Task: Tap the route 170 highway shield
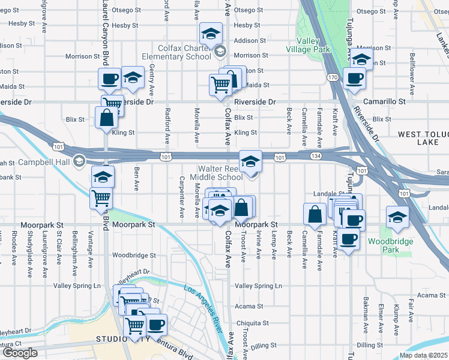click(332, 77)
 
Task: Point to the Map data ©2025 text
click(424, 355)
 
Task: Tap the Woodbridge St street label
click(134, 255)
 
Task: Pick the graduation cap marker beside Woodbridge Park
click(396, 217)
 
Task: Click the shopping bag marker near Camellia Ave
click(315, 213)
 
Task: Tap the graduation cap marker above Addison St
click(211, 34)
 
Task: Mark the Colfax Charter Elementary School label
click(185, 52)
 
